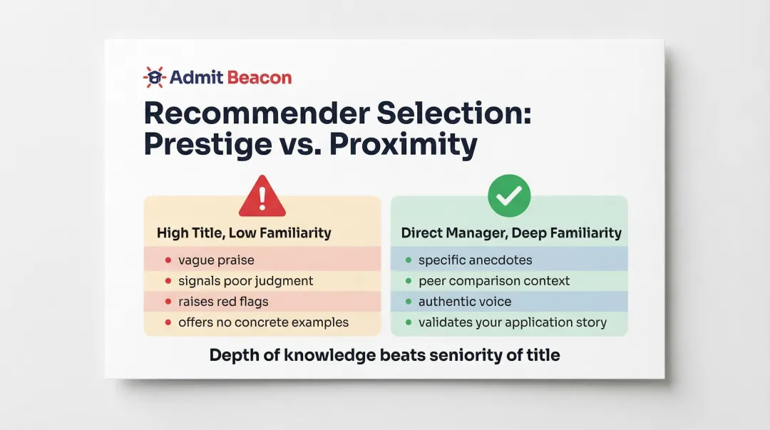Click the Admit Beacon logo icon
point(154,77)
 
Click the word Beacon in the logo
point(260,78)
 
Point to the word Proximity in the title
point(404,145)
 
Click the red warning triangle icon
point(262,198)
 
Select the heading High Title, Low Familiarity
point(244,233)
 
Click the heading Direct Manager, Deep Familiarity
point(511,233)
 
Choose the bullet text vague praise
point(216,260)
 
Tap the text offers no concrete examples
point(263,322)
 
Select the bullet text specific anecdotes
point(475,260)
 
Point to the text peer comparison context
point(494,281)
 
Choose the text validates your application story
point(513,322)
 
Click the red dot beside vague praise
point(168,261)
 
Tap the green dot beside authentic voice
point(408,302)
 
